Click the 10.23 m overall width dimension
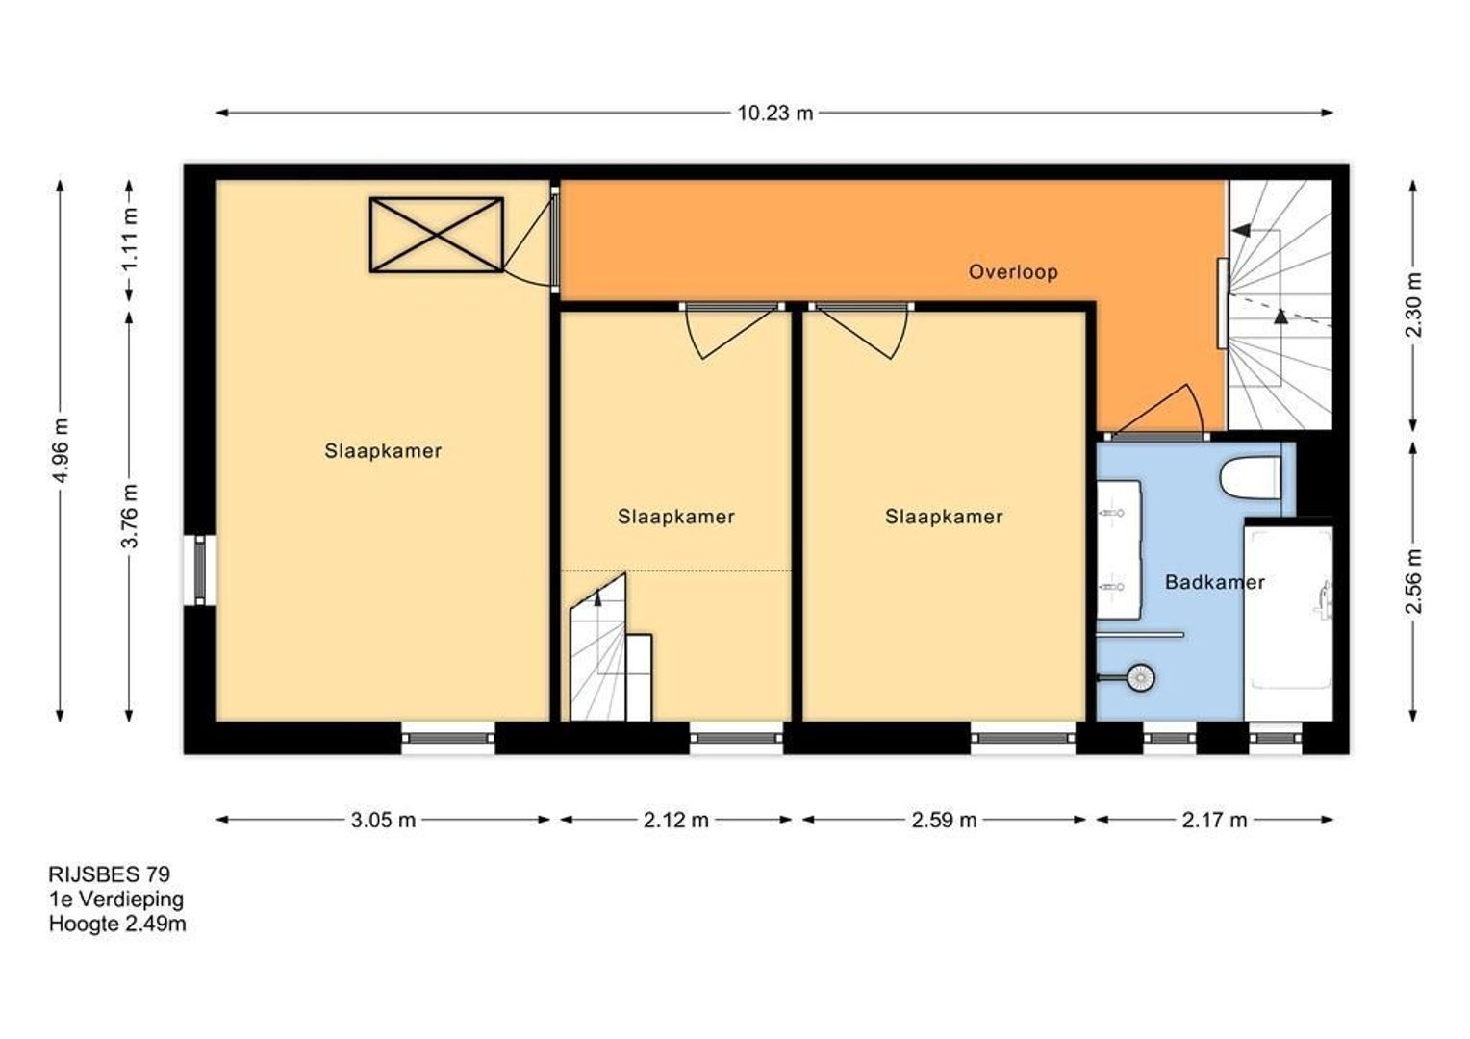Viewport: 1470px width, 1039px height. point(775,113)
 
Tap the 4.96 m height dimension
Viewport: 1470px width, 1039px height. point(61,450)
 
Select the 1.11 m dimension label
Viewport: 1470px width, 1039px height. point(129,239)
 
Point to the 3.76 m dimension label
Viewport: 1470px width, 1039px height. point(129,516)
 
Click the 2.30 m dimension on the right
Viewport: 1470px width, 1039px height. point(1413,305)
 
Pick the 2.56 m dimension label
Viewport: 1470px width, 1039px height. point(1413,581)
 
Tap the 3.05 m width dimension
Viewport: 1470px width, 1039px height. point(383,820)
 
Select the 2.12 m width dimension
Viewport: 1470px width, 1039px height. point(676,820)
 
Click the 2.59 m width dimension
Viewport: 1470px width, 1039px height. point(945,820)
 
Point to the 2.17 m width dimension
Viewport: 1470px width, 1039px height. point(1215,820)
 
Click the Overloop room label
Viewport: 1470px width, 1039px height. point(1013,271)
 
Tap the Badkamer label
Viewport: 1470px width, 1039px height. point(1215,582)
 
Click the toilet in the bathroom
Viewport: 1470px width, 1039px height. point(1251,477)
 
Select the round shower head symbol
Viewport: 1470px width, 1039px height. point(1141,676)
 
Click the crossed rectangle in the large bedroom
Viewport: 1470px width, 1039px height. point(437,235)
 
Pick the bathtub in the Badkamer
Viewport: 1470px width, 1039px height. point(1289,621)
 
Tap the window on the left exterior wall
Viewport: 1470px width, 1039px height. point(200,570)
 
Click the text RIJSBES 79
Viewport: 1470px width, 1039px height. point(110,874)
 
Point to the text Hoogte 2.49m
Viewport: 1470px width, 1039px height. point(117,925)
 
